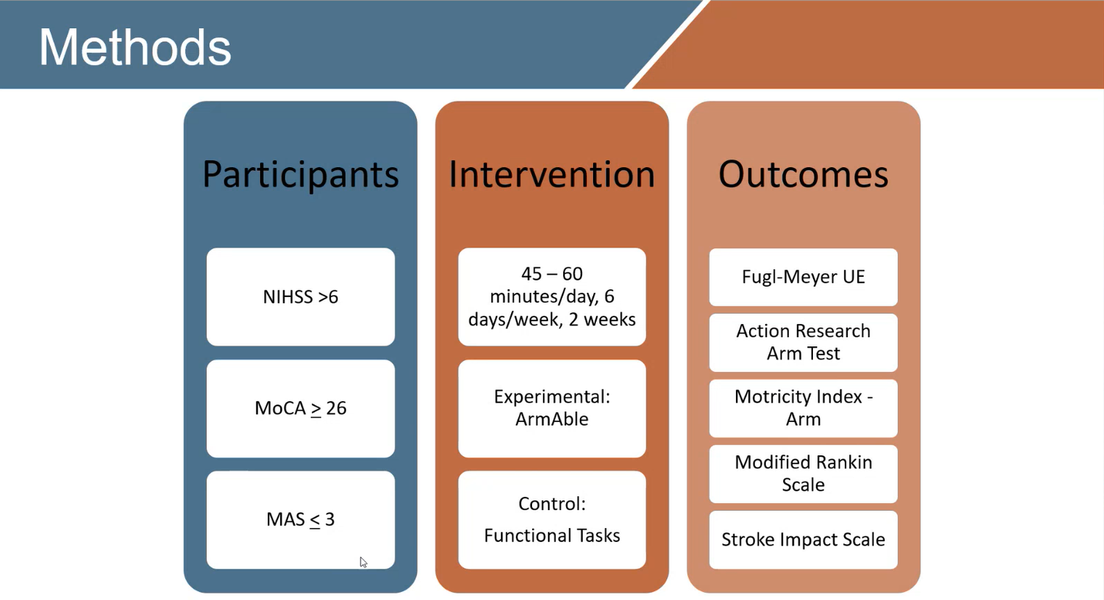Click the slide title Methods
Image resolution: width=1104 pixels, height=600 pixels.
point(134,48)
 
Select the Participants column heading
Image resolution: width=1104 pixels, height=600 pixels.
point(300,174)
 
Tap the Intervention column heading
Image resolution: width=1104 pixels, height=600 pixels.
point(552,174)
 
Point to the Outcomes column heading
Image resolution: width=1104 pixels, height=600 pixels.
point(803,174)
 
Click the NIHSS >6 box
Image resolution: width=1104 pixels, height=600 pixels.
point(300,296)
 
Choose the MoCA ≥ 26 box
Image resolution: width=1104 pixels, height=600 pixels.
point(300,408)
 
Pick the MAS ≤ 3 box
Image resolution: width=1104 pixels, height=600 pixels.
point(300,519)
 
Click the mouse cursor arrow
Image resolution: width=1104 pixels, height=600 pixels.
point(363,562)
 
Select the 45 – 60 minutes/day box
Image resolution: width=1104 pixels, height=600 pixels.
point(552,296)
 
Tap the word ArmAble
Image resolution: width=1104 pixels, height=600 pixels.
point(552,419)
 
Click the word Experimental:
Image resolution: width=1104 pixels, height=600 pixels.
point(552,397)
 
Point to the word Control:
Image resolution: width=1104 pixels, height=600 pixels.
point(552,503)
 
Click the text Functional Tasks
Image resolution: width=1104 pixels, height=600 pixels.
point(552,535)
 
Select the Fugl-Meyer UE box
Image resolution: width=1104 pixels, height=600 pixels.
point(803,277)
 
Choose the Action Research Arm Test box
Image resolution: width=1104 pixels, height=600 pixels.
point(803,342)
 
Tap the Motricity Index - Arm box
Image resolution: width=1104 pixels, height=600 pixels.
point(803,408)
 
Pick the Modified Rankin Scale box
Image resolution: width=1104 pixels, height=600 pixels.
point(803,474)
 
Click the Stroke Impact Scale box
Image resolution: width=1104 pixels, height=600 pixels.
point(803,540)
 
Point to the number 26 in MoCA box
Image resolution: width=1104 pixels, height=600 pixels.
point(336,408)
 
